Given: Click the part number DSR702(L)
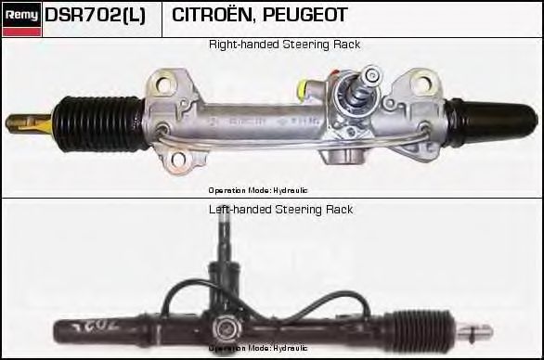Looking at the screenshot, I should coord(95,16).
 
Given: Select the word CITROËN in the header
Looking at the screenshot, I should coord(209,16).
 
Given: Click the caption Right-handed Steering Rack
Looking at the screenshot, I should coord(284,45).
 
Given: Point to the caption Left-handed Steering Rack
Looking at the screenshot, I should coord(280,210).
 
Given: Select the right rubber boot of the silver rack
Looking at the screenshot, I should coord(483,120).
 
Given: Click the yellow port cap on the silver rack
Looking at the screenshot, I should coord(303,90).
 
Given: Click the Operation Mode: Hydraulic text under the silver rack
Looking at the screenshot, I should coord(258,189).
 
